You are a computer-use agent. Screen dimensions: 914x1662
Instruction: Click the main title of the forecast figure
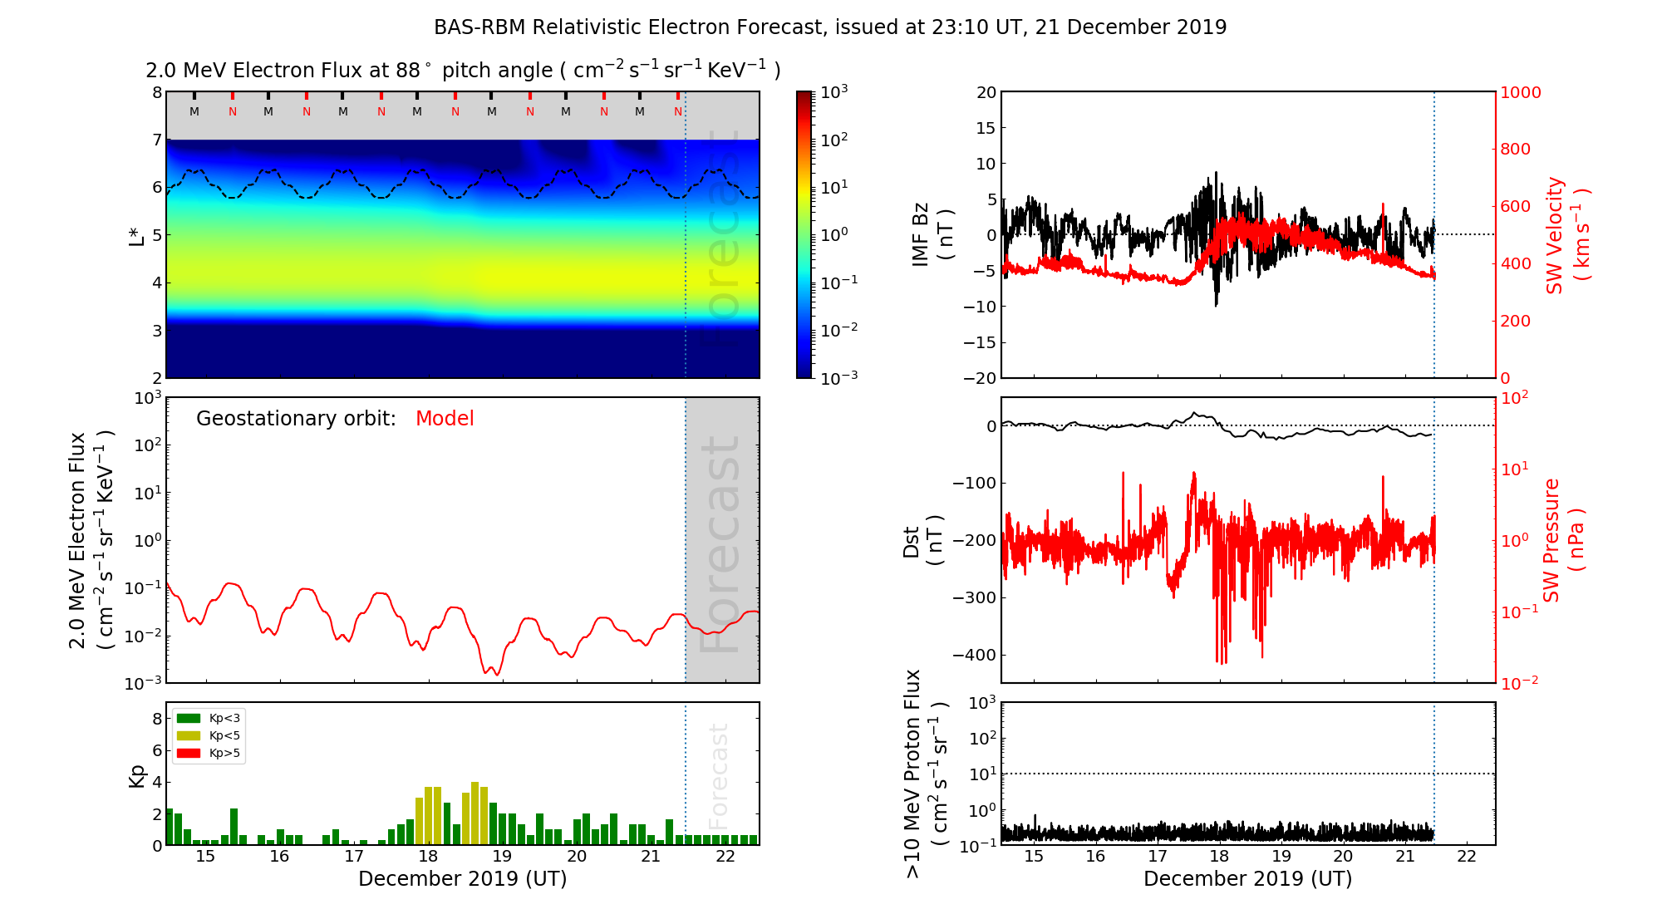click(830, 27)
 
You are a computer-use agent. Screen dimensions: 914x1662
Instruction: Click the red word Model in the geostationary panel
click(445, 419)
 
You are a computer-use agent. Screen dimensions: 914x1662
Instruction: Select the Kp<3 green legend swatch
click(189, 718)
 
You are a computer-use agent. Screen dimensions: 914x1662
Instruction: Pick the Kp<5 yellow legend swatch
click(189, 735)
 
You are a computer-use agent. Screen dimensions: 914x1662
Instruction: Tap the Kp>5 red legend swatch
click(189, 754)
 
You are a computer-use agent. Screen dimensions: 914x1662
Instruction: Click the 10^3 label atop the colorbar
click(833, 92)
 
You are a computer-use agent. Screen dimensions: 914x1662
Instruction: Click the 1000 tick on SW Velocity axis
click(1520, 92)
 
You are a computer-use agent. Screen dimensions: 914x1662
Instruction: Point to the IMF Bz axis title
click(932, 234)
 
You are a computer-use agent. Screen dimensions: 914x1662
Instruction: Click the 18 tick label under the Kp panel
click(428, 857)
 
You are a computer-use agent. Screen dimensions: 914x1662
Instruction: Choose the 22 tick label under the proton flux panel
click(1467, 857)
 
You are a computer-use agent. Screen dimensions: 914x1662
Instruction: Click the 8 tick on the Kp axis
click(157, 719)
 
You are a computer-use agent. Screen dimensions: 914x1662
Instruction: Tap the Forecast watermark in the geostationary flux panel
click(720, 544)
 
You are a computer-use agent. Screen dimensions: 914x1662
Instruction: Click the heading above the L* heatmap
click(463, 71)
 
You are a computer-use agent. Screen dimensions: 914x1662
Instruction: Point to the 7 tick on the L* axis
click(156, 140)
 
